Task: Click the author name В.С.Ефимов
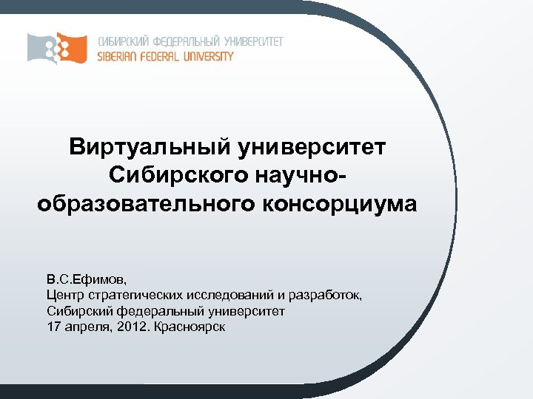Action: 87,280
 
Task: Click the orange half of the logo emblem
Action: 73,47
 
